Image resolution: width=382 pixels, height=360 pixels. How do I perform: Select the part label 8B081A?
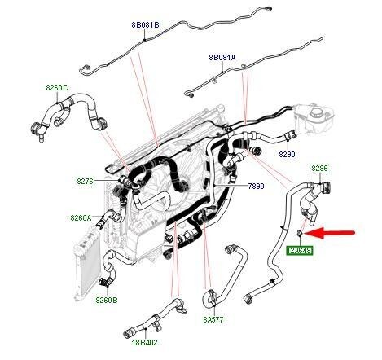(222, 58)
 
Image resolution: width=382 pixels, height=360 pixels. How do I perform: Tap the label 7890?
(256, 187)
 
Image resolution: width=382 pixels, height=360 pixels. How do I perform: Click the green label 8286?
(319, 169)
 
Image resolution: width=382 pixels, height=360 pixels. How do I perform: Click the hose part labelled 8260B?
(103, 281)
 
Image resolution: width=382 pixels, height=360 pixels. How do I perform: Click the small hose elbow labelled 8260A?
(103, 219)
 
